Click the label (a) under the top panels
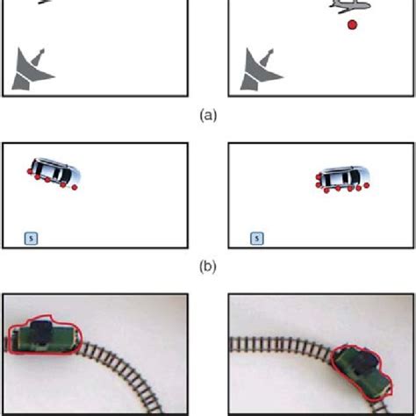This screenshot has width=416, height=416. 207,113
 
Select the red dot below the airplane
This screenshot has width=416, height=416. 352,27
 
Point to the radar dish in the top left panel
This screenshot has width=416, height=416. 32,70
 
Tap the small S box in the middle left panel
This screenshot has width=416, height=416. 32,236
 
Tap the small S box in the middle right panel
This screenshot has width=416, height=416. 256,236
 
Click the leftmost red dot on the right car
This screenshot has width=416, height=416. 316,184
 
